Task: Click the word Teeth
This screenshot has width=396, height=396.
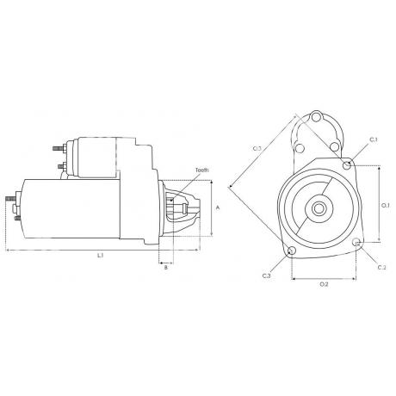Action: pyautogui.click(x=202, y=170)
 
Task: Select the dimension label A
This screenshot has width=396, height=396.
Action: pyautogui.click(x=218, y=207)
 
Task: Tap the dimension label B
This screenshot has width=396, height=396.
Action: pyautogui.click(x=165, y=268)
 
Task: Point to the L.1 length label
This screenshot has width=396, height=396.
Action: pyautogui.click(x=100, y=255)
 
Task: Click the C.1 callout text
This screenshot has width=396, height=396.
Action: pyautogui.click(x=374, y=139)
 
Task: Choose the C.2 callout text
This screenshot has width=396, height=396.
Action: pyautogui.click(x=381, y=268)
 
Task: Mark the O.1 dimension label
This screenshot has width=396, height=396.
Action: pyautogui.click(x=386, y=206)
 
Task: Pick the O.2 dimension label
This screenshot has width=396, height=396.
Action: pyautogui.click(x=324, y=284)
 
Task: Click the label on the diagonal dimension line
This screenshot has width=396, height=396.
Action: pyautogui.click(x=257, y=149)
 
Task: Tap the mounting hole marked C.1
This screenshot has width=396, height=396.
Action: pyautogui.click(x=347, y=165)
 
